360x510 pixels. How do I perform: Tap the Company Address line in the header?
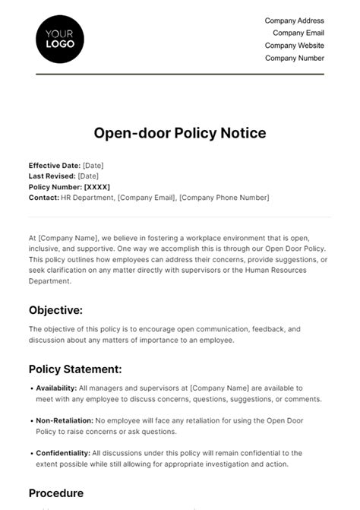(x=295, y=21)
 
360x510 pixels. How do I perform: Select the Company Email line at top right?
(x=298, y=33)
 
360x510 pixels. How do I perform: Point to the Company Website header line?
(x=295, y=46)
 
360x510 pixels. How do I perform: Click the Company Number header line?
(x=295, y=58)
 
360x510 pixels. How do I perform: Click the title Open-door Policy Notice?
(x=179, y=133)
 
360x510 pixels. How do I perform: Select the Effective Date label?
(x=54, y=166)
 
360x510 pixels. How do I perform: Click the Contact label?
(x=43, y=198)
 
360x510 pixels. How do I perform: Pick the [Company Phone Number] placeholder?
(x=230, y=198)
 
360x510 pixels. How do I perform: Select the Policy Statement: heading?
(x=75, y=369)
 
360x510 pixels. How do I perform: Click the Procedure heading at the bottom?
(x=56, y=493)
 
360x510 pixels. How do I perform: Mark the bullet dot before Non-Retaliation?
(x=31, y=420)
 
